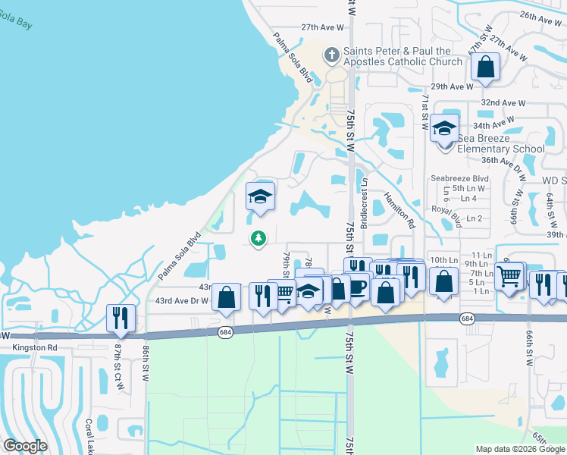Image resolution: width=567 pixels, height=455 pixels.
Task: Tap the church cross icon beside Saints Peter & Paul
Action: pos(331,55)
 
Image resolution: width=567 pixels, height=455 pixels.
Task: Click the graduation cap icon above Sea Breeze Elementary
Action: pos(445,128)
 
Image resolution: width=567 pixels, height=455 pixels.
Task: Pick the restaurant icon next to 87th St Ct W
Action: pos(121,318)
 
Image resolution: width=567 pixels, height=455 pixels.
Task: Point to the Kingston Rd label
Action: pos(35,348)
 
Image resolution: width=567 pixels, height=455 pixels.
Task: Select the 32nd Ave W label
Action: pos(503,102)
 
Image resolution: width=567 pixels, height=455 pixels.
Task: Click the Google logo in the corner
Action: pos(25,446)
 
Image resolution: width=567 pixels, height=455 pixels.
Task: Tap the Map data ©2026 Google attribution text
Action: pos(519,449)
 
